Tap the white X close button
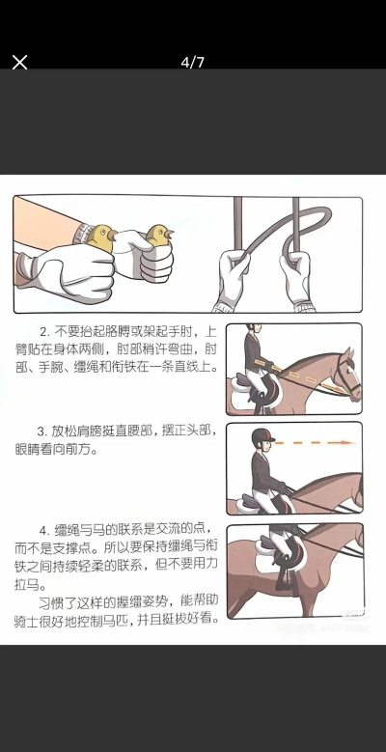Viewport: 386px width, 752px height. pos(19,62)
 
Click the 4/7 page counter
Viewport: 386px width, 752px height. pos(193,62)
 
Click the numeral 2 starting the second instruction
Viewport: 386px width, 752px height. pos(43,332)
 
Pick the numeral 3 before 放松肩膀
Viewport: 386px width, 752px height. pos(41,431)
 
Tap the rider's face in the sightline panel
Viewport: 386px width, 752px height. pos(262,444)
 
